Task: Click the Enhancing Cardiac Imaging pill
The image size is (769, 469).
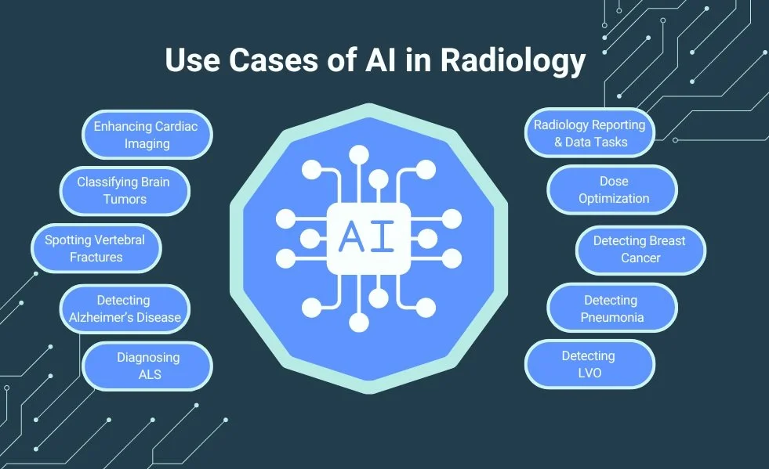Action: [147, 135]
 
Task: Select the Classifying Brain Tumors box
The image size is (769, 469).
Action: [124, 190]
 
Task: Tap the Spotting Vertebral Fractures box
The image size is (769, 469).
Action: [95, 247]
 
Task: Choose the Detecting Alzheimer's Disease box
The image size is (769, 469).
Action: [124, 308]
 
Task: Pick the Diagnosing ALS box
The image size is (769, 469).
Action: [147, 366]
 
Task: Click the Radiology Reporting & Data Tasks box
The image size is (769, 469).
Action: [589, 133]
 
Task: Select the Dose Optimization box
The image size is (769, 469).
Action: [613, 189]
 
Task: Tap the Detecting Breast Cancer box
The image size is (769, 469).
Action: [640, 249]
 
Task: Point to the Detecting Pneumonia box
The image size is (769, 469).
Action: [611, 308]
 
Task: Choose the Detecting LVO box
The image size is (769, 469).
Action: [588, 364]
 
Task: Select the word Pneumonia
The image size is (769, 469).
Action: [611, 317]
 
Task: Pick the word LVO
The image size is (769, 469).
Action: [588, 373]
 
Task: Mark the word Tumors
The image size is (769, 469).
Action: [124, 199]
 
